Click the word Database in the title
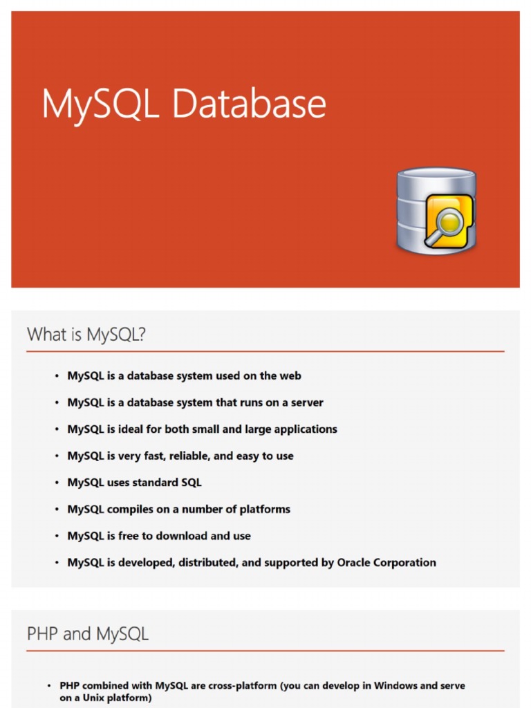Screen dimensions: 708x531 [249, 104]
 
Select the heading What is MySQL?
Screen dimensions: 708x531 [86, 335]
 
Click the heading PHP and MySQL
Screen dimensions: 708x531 [87, 633]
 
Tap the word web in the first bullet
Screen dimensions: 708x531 [290, 375]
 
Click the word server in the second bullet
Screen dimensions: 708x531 [306, 402]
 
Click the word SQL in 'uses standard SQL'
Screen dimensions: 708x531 [191, 482]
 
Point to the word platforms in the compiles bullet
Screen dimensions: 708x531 [265, 509]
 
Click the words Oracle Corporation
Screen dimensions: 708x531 [386, 562]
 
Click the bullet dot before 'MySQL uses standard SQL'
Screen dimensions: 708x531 [57, 483]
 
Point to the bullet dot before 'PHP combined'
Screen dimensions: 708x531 [49, 686]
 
